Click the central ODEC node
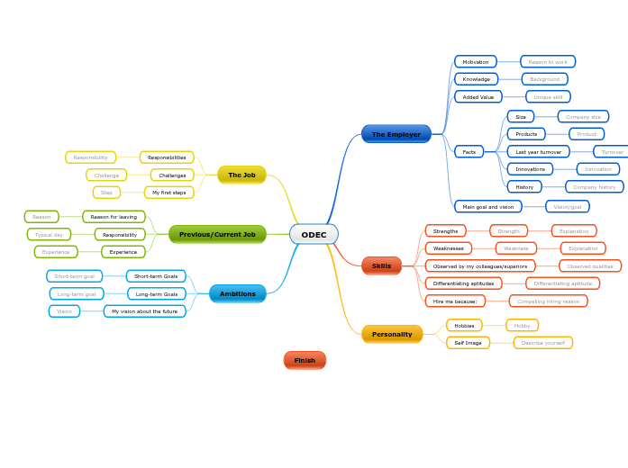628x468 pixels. [314, 235]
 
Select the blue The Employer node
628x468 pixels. [396, 134]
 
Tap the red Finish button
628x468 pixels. [305, 360]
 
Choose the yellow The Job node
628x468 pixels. [241, 175]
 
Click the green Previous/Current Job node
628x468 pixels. [217, 234]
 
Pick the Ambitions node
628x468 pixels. [238, 293]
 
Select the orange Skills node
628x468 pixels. [381, 265]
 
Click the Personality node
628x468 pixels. [392, 334]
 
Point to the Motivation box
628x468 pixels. [476, 62]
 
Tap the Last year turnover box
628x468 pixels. [538, 152]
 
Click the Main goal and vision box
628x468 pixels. [488, 206]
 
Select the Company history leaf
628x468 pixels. [595, 187]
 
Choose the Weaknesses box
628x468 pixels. [449, 248]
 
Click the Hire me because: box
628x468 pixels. [455, 301]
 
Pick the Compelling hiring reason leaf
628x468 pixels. [548, 301]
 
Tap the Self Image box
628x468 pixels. [468, 343]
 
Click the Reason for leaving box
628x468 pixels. [114, 217]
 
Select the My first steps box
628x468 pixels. [168, 193]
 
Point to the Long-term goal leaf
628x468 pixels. [77, 294]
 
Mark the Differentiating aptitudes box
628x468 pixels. [463, 283]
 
